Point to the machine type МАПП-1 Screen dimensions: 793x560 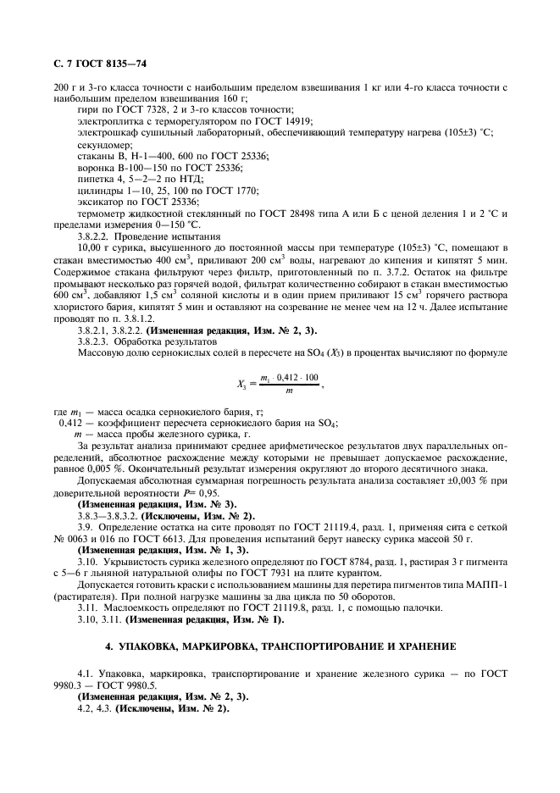click(490, 585)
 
